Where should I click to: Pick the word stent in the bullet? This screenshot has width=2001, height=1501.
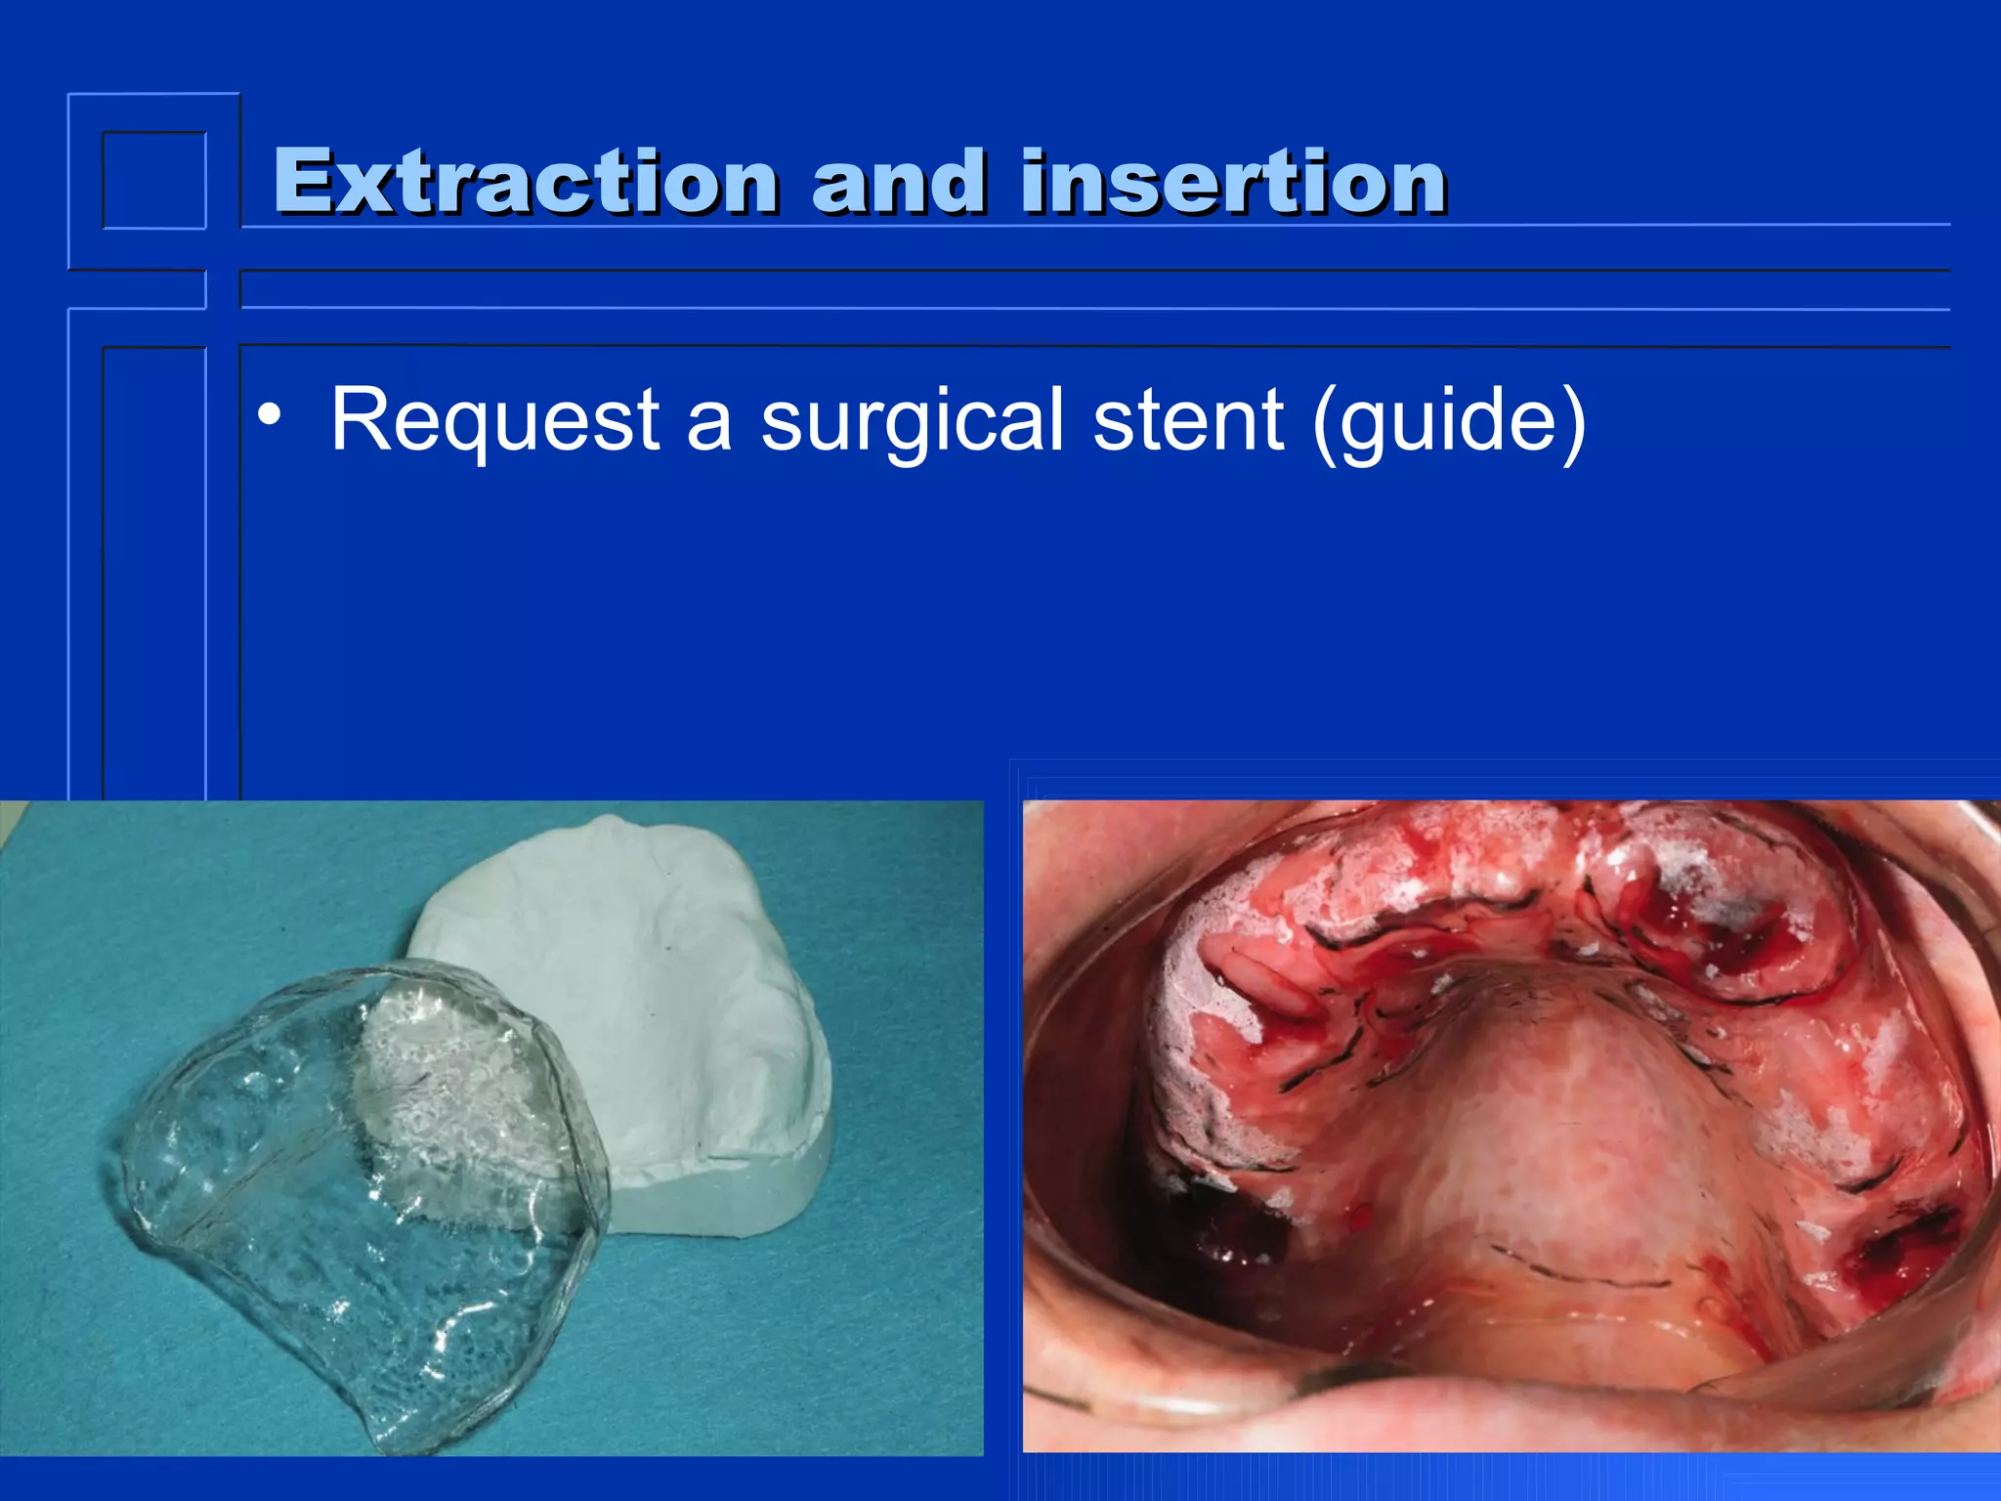click(x=1187, y=420)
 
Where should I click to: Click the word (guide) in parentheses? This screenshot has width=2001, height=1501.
click(x=1448, y=420)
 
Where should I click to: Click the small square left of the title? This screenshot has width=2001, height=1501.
click(x=154, y=181)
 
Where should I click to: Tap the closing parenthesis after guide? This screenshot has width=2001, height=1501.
click(x=1571, y=422)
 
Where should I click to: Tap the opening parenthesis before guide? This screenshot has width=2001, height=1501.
click(x=1325, y=422)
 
